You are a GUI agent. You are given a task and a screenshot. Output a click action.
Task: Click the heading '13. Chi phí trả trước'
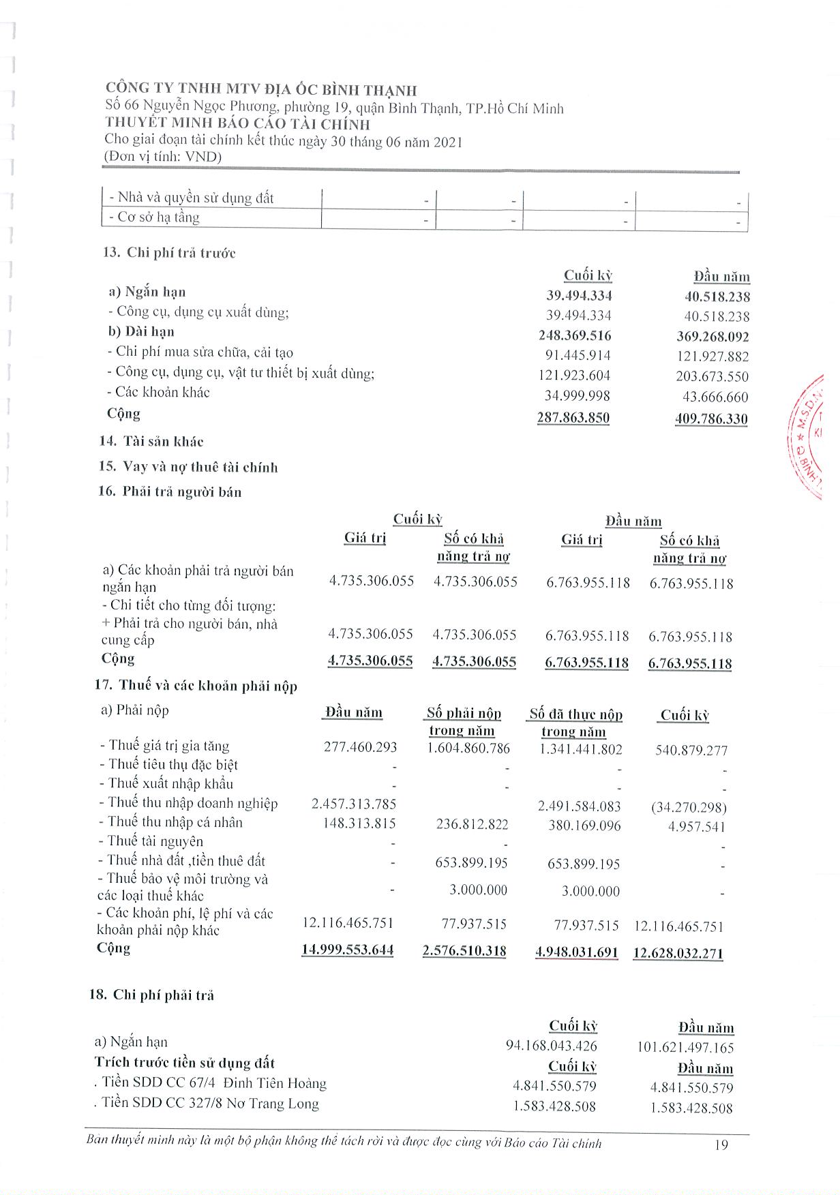[x=169, y=253]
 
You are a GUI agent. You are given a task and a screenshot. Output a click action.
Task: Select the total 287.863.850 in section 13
[x=573, y=417]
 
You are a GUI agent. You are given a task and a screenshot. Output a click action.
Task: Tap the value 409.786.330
[x=711, y=419]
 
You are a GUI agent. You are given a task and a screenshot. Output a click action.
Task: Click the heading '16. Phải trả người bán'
[x=170, y=491]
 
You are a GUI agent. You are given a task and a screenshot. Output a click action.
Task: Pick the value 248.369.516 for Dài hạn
[x=575, y=335]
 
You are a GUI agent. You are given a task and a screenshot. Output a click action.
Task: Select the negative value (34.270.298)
[x=689, y=808]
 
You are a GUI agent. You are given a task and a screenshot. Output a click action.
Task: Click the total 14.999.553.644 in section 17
[x=348, y=950]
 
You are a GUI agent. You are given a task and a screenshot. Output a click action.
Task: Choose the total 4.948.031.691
[x=577, y=952]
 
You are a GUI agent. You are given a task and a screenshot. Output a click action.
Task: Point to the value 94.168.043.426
[x=551, y=1046]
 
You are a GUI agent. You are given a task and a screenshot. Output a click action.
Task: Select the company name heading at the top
[x=261, y=89]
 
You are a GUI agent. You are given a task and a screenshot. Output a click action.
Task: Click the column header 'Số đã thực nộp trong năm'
[x=575, y=723]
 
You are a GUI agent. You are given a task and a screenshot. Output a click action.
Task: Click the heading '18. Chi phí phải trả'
[x=152, y=995]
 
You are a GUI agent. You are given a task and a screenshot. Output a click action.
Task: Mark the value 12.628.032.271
[x=678, y=953]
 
